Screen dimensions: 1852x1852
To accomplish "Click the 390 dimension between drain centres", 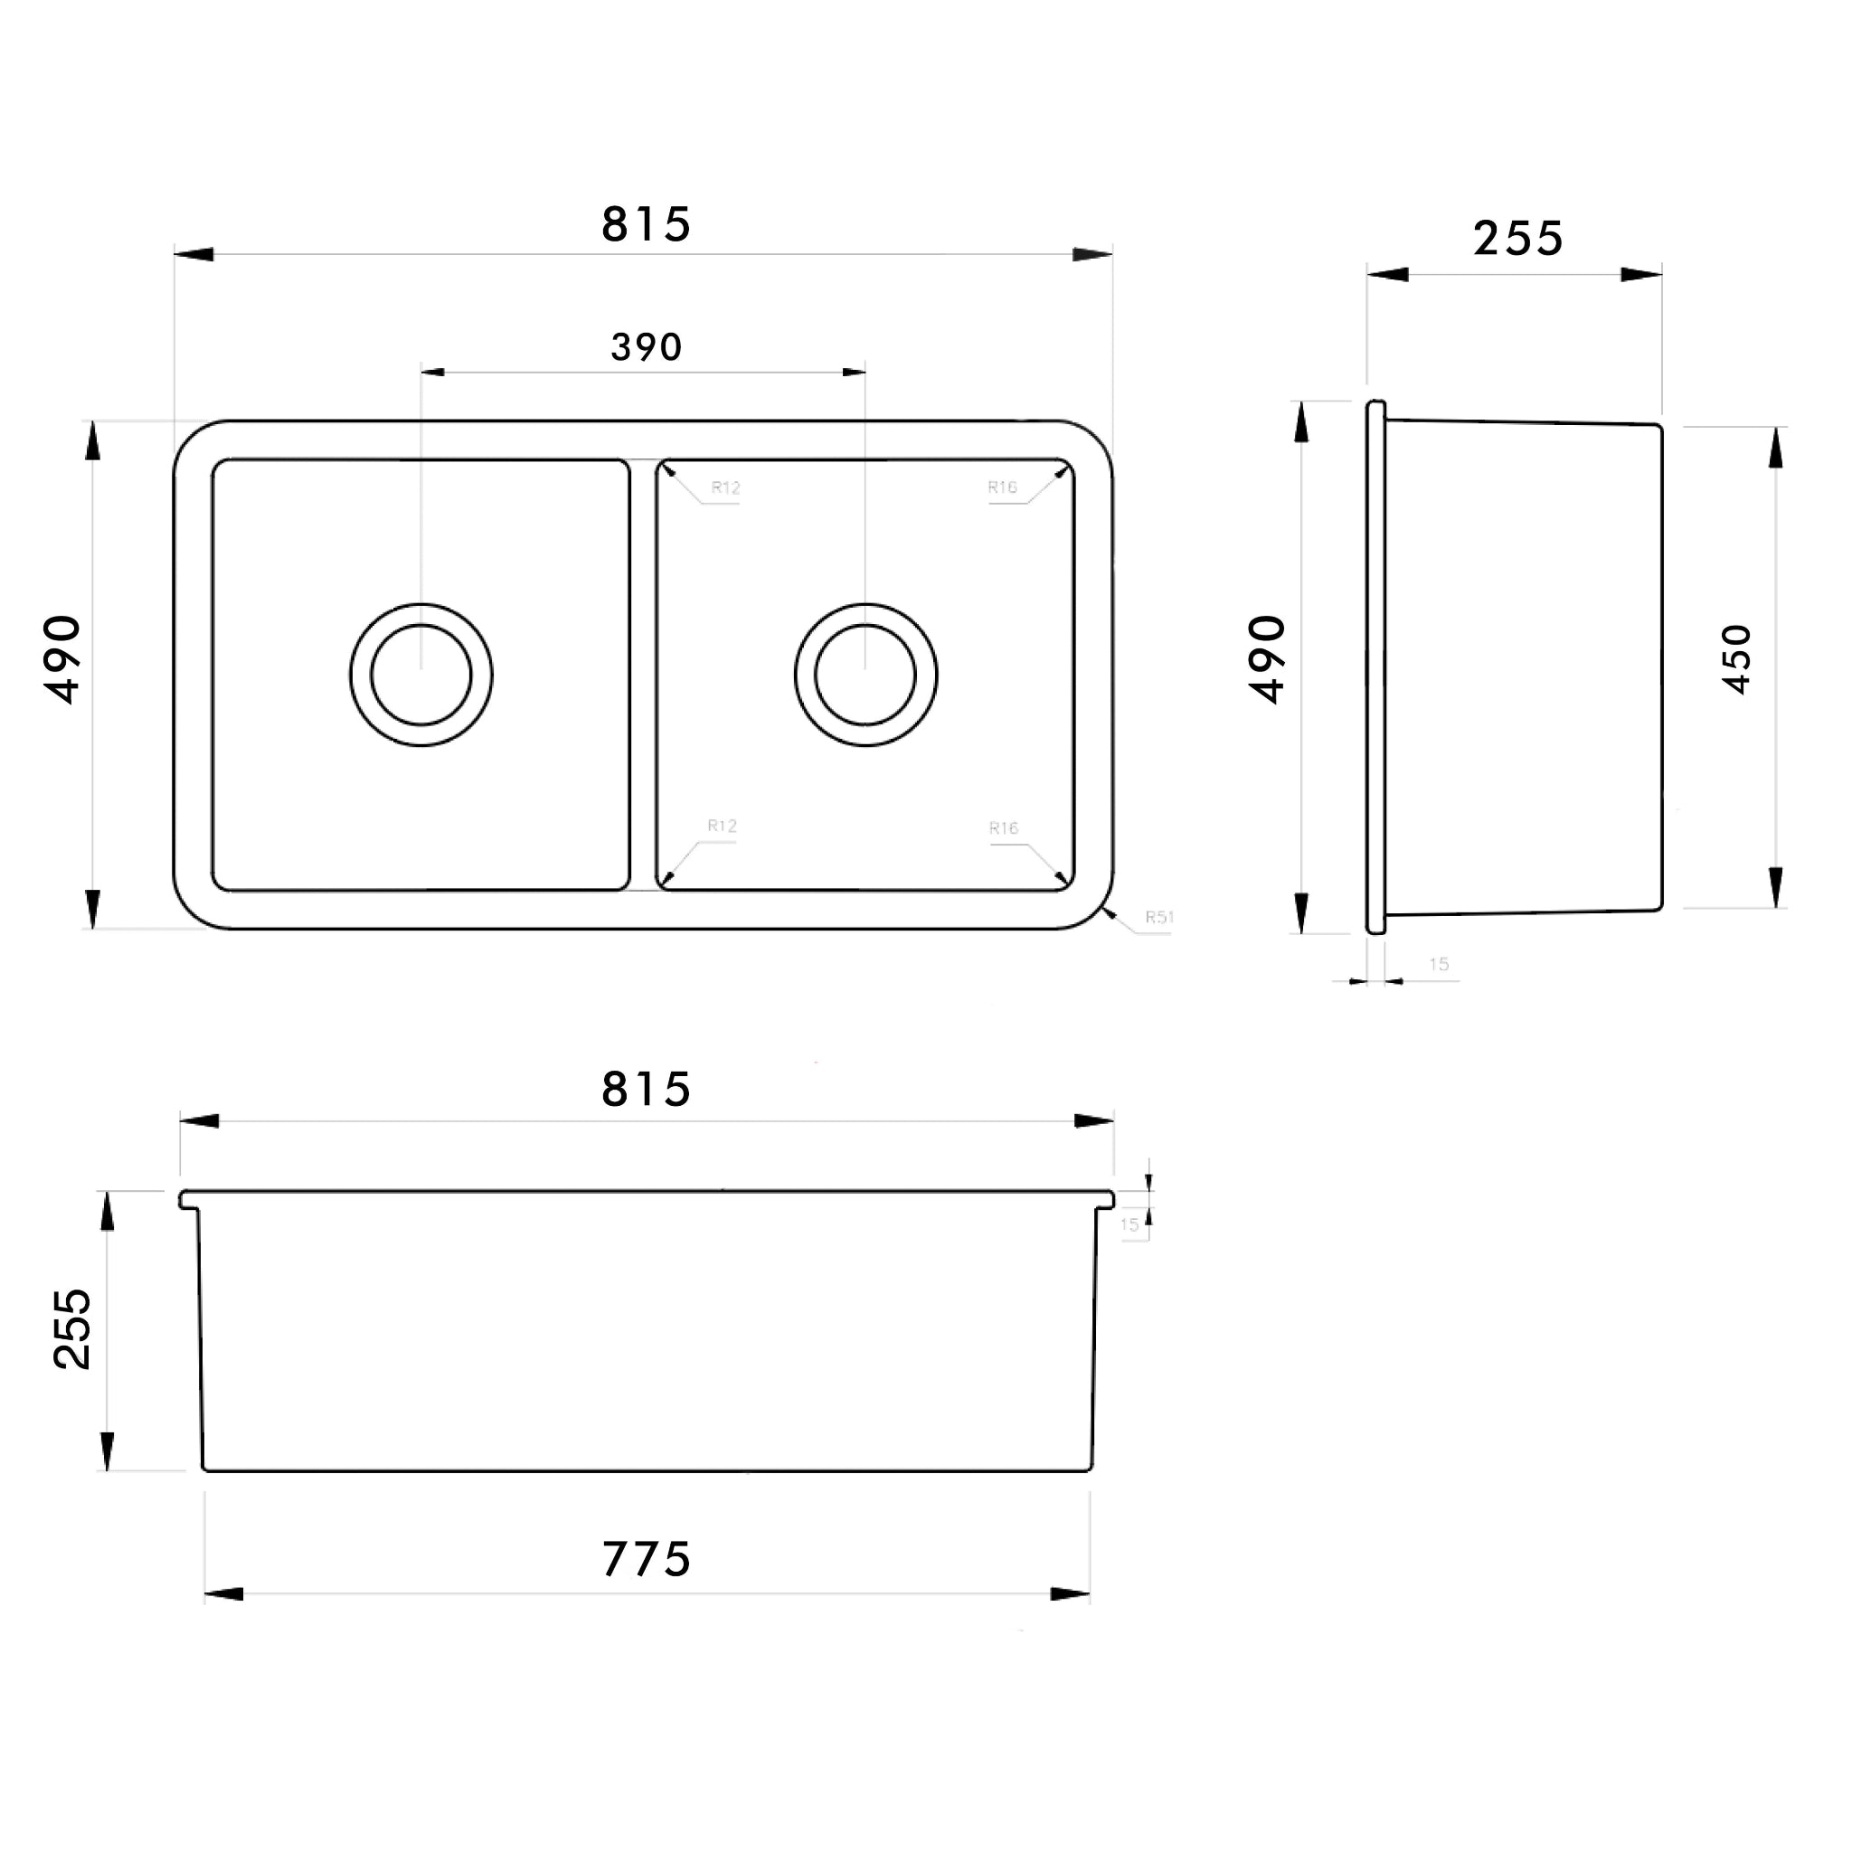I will pyautogui.click(x=646, y=347).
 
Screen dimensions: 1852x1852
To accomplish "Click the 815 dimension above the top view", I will pyautogui.click(x=646, y=225).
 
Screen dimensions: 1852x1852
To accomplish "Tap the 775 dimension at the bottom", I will pyautogui.click(x=646, y=1560).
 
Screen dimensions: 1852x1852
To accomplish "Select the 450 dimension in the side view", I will pyautogui.click(x=1736, y=659).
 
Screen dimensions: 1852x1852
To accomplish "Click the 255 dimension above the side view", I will pyautogui.click(x=1517, y=239).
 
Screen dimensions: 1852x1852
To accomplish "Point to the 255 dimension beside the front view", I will pyautogui.click(x=73, y=1328).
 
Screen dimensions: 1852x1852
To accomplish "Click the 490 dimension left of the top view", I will pyautogui.click(x=63, y=659).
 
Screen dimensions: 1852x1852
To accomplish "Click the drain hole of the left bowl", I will pyautogui.click(x=420, y=675).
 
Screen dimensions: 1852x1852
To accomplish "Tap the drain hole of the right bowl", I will pyautogui.click(x=865, y=675).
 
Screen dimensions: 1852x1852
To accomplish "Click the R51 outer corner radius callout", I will pyautogui.click(x=1158, y=917).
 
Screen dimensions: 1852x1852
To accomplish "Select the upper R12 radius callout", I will pyautogui.click(x=725, y=488).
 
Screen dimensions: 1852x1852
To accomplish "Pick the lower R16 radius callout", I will pyautogui.click(x=1004, y=828).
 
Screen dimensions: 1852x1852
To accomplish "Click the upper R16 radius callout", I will pyautogui.click(x=1003, y=488).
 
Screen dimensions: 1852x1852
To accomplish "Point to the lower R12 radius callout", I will pyautogui.click(x=722, y=827).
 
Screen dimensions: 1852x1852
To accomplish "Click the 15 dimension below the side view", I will pyautogui.click(x=1439, y=964).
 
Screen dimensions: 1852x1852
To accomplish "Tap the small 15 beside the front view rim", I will pyautogui.click(x=1129, y=1224).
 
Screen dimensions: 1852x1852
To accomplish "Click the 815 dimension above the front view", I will pyautogui.click(x=646, y=1090).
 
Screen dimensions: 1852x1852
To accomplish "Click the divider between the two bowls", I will pyautogui.click(x=643, y=675).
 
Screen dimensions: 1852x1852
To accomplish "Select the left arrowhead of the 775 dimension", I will pyautogui.click(x=222, y=1594).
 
